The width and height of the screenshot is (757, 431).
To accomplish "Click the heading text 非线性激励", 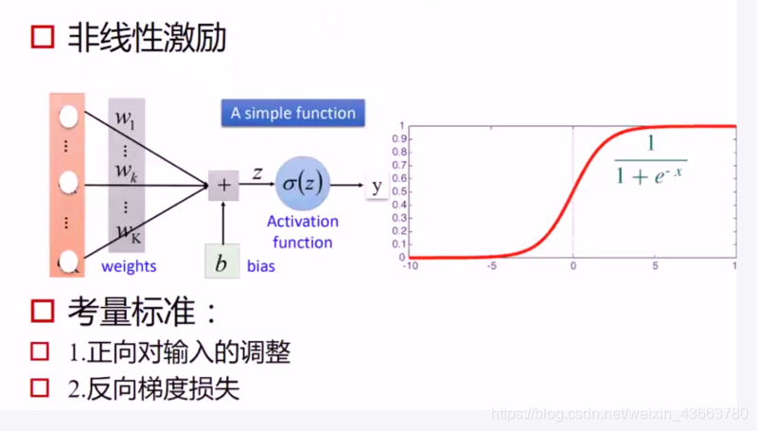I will pos(147,38).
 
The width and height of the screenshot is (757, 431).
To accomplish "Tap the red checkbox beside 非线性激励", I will pos(43,38).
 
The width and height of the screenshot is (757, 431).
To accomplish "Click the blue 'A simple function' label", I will pos(292,114).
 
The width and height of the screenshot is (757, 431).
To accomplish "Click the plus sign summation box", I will pos(223,186).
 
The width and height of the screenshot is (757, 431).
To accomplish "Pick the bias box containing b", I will pos(221,264).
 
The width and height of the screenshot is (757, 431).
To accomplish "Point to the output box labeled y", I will pos(377,186).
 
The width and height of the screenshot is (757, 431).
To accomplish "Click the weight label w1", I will pos(126,118).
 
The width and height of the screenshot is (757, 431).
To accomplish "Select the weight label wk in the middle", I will pos(126,171).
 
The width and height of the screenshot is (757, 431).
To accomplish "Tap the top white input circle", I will pos(67,117).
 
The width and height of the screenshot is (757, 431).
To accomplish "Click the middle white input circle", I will pos(67,180).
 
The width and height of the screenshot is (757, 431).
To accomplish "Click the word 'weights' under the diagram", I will pos(128,266).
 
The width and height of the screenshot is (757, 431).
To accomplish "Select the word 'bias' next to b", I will pos(261,266).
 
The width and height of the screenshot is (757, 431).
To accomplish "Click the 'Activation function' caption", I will pos(302,232).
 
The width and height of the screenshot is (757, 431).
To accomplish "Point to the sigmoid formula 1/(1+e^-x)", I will pos(650,160).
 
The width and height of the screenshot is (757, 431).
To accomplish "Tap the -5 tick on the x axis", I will pos(490,266).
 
